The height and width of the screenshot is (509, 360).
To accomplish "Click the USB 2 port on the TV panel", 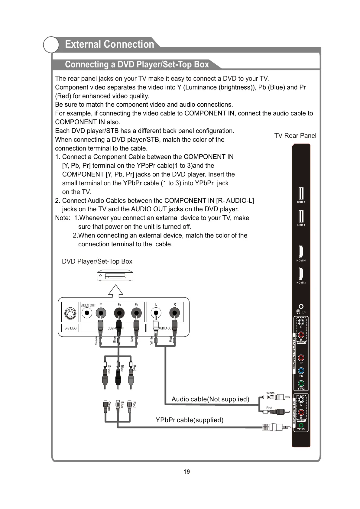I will click(x=301, y=193).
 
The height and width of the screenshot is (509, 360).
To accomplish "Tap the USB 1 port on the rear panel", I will click(x=301, y=216).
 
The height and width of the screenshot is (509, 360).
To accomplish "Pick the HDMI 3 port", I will click(x=301, y=274).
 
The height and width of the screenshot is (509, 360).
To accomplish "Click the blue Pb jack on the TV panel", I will click(x=301, y=371).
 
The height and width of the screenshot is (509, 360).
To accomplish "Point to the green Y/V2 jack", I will click(x=301, y=384).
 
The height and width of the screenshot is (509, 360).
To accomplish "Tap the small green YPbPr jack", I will click(x=301, y=425).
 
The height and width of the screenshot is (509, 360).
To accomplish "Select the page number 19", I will click(x=186, y=472).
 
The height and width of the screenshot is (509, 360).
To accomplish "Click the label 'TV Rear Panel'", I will click(x=295, y=136).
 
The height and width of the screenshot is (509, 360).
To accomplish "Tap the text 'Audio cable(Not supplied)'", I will click(x=210, y=399).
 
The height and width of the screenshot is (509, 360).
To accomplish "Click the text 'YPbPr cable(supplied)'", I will click(x=190, y=420).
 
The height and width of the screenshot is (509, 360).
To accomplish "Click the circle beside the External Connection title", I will click(x=51, y=45).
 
